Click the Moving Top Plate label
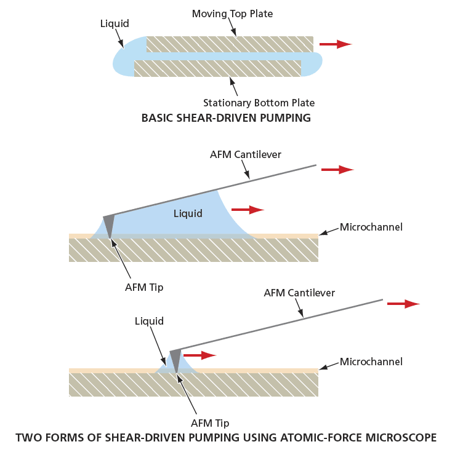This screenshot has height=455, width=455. pos(232,14)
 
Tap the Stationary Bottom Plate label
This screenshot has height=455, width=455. pos(259,103)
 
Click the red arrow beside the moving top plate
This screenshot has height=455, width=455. pos(335,44)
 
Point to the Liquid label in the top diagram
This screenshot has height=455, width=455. pos(115,24)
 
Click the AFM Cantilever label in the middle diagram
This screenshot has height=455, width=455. pos(245,154)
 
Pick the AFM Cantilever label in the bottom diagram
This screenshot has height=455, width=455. pos(299,293)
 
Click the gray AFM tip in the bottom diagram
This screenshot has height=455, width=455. pos(176,359)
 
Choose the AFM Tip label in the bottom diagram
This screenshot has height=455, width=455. pos(210,423)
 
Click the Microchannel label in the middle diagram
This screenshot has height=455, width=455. pos(371,228)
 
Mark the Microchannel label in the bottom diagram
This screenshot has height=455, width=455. pos(371,362)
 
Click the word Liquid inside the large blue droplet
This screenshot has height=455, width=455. pos(188,213)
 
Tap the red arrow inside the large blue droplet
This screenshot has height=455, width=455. pos(248,210)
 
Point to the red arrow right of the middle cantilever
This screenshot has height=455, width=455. pos(337,170)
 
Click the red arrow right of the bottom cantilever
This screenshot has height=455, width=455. pos(403,304)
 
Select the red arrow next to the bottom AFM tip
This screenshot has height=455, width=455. pos(200,355)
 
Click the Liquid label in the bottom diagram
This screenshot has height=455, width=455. pos(149,321)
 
